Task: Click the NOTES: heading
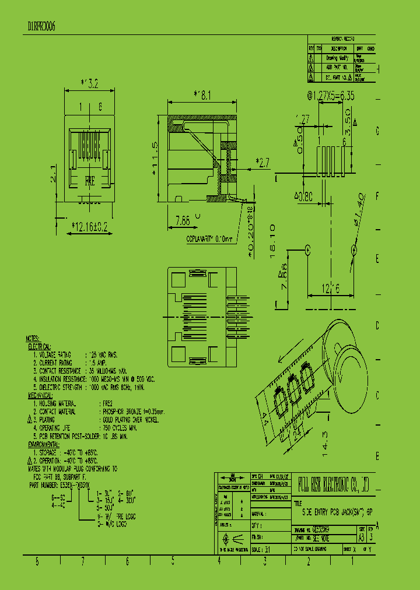(x=32, y=338)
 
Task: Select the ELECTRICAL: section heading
(x=40, y=346)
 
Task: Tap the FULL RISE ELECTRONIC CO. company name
(x=334, y=482)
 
